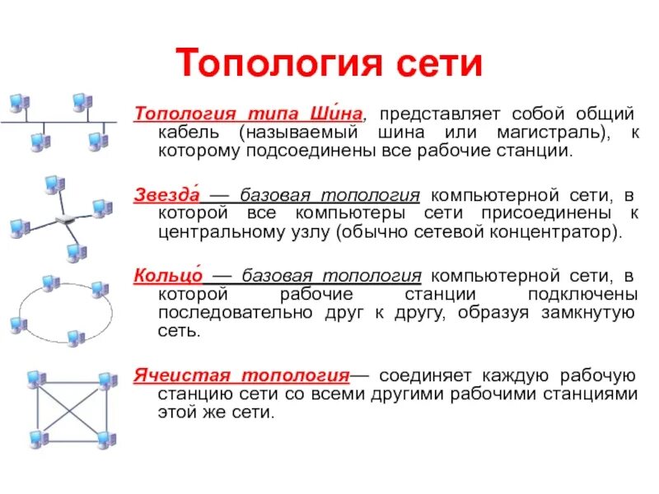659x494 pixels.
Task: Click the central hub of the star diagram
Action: click(65, 220)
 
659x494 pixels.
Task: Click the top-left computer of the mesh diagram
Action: click(35, 380)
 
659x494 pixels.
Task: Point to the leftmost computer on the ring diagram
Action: click(16, 325)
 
